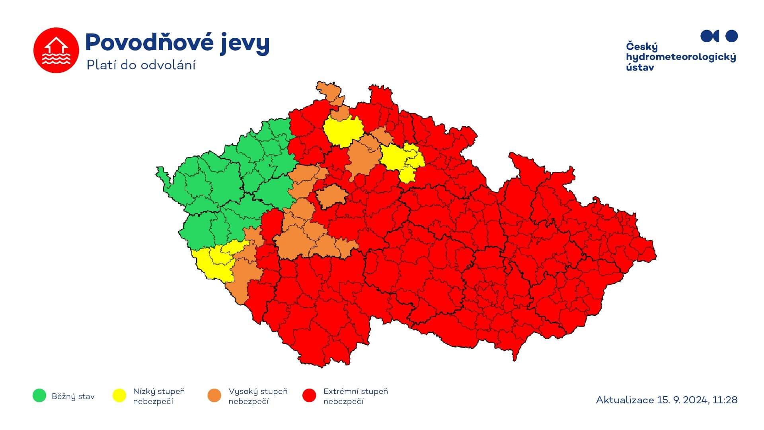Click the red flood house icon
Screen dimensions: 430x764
click(x=56, y=50)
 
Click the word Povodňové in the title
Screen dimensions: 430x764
click(x=150, y=43)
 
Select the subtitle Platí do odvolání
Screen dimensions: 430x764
click(x=141, y=65)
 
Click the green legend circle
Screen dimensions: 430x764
click(x=39, y=395)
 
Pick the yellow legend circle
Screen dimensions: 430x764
click(x=119, y=395)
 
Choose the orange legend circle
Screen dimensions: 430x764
click(x=214, y=395)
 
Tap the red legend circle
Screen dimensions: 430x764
click(x=310, y=395)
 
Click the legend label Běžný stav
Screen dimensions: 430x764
click(x=73, y=396)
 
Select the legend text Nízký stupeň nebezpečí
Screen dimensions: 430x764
click(x=159, y=396)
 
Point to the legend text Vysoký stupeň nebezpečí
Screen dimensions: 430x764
click(x=257, y=396)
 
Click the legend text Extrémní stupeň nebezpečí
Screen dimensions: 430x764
click(x=355, y=396)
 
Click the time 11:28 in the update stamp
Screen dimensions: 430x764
click(x=725, y=400)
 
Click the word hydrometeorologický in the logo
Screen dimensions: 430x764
click(x=681, y=57)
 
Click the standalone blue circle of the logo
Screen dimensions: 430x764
click(x=732, y=36)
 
